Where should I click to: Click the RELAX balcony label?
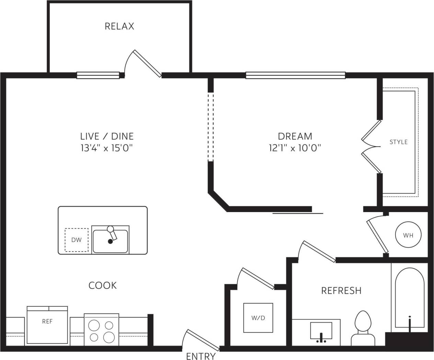coord(119,26)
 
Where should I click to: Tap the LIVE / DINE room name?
coord(107,136)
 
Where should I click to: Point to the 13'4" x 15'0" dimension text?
coord(107,148)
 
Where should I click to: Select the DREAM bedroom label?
coord(295,136)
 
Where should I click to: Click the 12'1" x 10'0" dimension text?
coord(295,148)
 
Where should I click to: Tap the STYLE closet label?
coord(398,142)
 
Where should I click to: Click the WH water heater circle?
coord(408,235)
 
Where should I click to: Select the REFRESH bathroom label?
coord(341,291)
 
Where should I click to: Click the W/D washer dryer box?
coord(258,318)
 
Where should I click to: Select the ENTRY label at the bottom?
coord(201,356)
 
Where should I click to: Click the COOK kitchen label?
coord(102,285)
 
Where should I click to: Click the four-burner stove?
coord(101,329)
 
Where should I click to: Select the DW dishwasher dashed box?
coord(76,240)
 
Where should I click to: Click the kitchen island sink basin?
coord(110,241)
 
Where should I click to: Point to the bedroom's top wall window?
coord(295,75)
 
